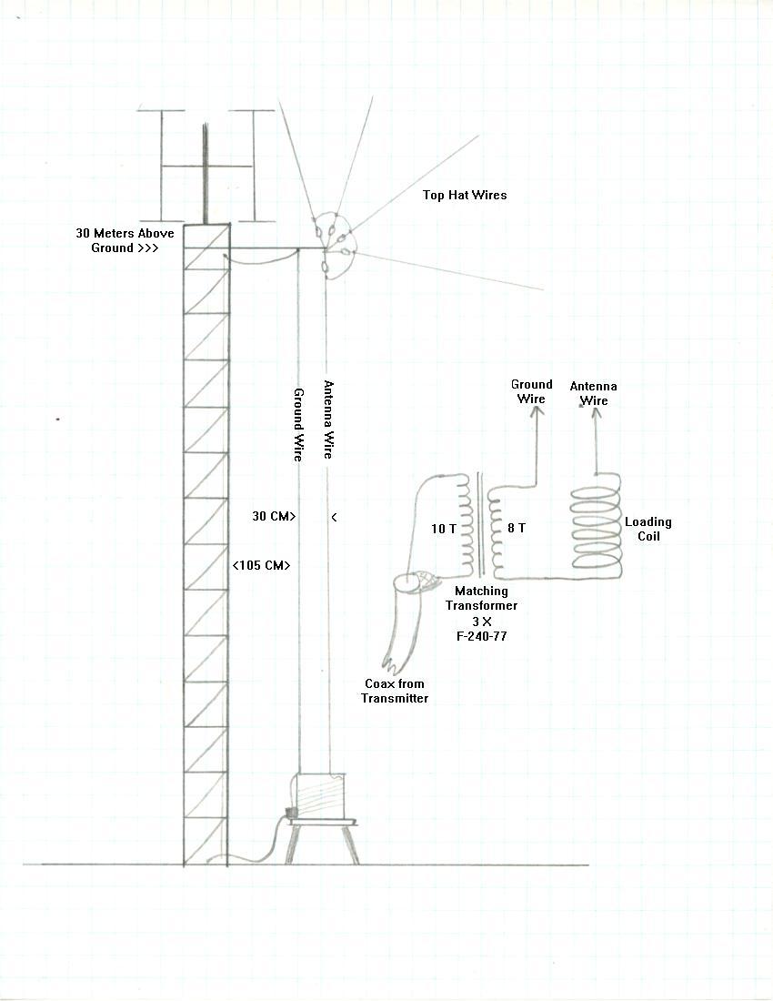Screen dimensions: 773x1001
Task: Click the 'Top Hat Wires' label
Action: [x=465, y=196]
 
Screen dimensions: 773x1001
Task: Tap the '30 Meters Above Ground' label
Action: [x=125, y=240]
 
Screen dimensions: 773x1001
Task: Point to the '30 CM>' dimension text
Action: [x=275, y=517]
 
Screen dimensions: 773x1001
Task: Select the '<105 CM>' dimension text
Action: [x=262, y=566]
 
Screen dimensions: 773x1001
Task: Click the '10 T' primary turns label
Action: [x=443, y=529]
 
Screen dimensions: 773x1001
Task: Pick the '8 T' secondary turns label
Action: [x=516, y=528]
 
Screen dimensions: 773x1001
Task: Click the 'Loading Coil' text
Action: [x=648, y=530]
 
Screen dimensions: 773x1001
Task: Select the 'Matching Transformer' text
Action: [x=481, y=598]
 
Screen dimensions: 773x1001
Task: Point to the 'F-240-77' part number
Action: [x=481, y=636]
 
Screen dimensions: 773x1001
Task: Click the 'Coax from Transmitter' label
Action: [x=395, y=691]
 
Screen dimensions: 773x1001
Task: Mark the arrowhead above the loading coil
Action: [x=596, y=414]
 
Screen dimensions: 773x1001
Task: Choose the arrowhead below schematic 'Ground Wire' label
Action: [x=537, y=411]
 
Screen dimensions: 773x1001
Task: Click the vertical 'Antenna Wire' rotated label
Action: [x=328, y=420]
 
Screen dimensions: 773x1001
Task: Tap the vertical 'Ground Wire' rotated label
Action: [x=298, y=425]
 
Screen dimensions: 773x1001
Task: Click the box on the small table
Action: [x=318, y=794]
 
